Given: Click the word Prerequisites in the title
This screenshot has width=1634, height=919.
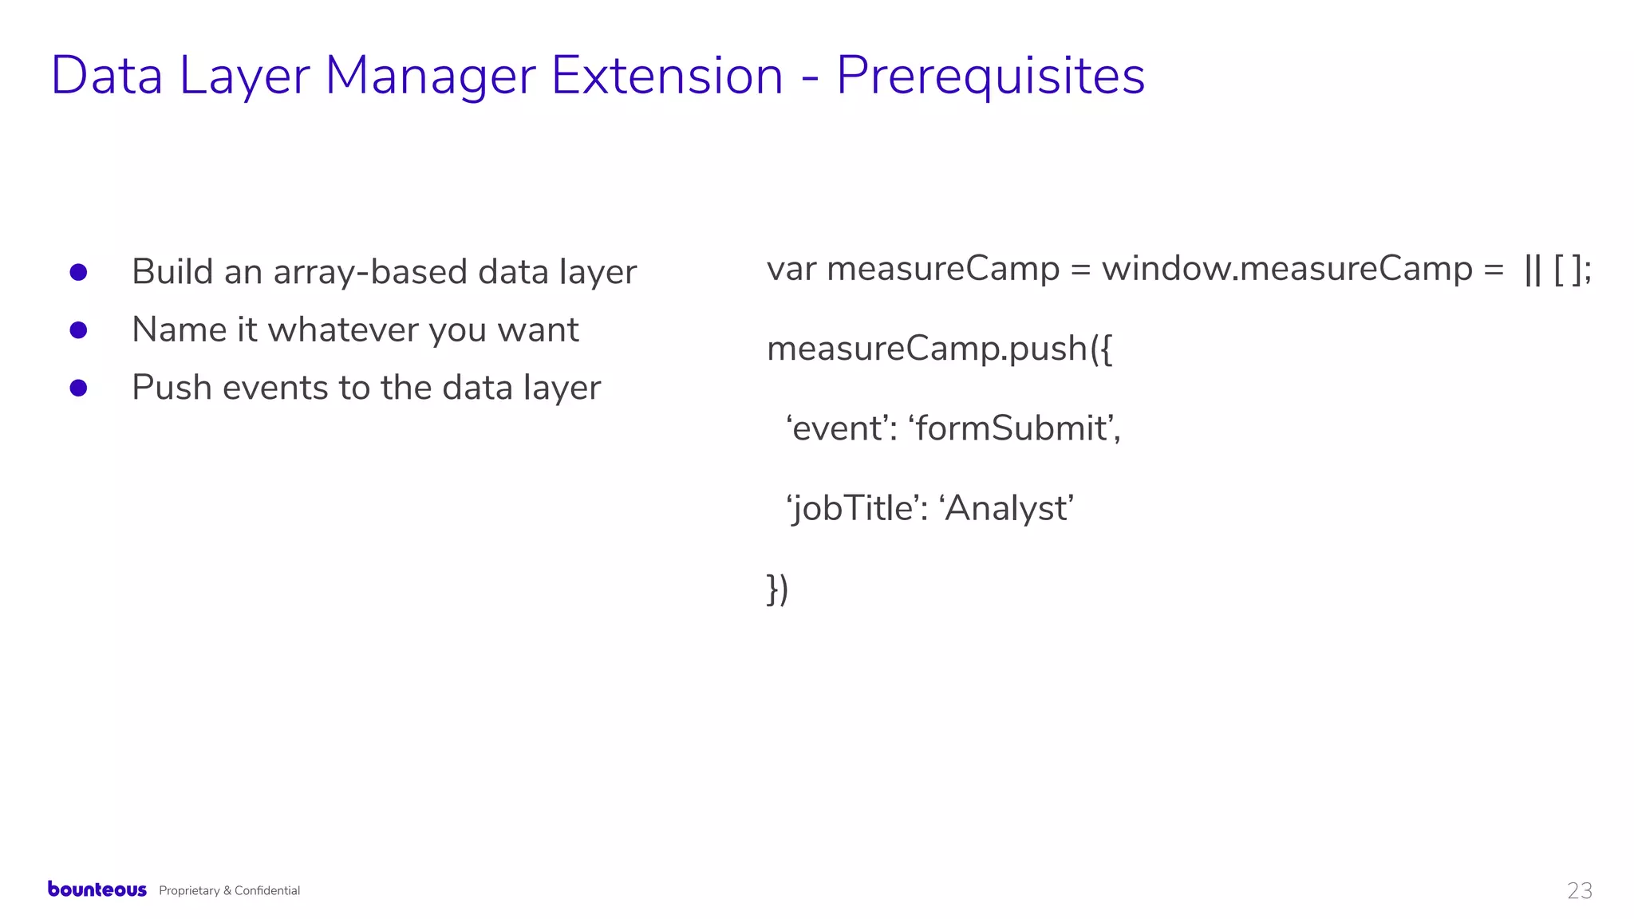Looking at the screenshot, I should click(x=990, y=77).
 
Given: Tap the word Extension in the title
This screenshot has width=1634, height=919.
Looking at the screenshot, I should click(x=667, y=77).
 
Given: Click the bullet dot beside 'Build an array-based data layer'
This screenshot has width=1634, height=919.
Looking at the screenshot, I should click(x=78, y=272).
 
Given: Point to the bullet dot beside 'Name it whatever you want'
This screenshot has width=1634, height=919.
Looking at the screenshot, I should click(x=78, y=329).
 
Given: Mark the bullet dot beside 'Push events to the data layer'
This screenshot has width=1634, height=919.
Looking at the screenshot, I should click(x=78, y=388).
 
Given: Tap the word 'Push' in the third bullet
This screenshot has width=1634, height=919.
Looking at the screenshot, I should click(x=172, y=388).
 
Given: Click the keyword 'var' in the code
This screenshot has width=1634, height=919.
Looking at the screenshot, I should click(x=791, y=269).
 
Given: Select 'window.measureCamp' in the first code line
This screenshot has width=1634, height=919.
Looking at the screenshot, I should click(x=1287, y=269).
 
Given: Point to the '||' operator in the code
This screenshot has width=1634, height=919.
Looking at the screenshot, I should click(x=1532, y=270).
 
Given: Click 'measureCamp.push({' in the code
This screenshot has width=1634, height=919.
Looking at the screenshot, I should click(x=939, y=349).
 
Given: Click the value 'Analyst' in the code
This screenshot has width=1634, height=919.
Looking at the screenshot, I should click(x=1008, y=509).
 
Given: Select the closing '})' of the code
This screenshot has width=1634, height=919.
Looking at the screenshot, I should click(x=777, y=590).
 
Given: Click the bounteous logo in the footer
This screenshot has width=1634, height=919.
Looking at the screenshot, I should click(x=97, y=889).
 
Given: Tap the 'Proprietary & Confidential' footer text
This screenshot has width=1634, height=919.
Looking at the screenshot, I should click(x=229, y=890).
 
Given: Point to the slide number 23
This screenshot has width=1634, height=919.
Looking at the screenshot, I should click(x=1579, y=890).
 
